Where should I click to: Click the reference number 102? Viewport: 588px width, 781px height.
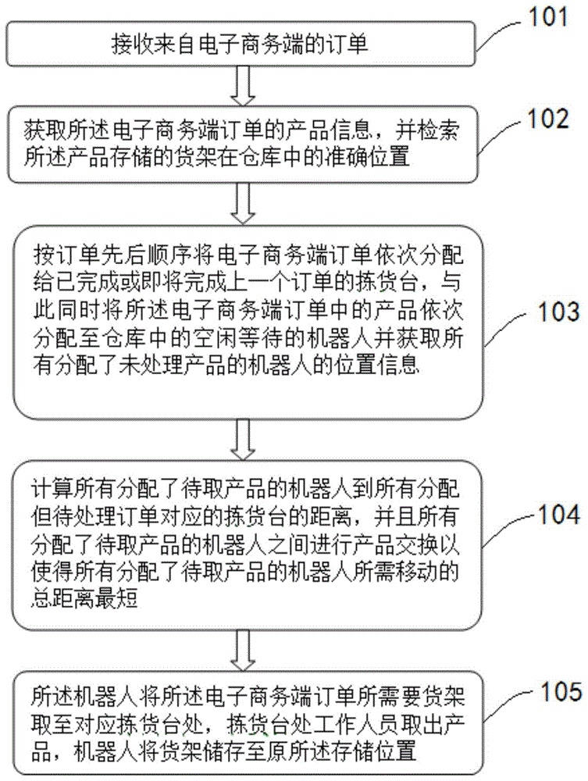(x=548, y=119)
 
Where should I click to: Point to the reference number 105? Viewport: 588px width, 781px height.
(x=551, y=693)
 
